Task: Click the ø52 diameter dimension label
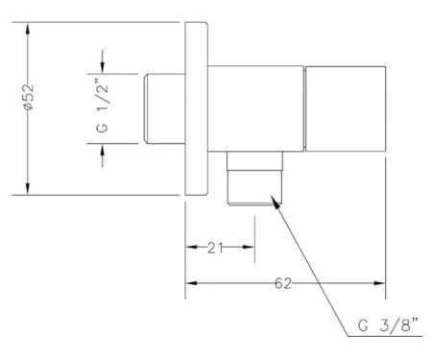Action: (28, 97)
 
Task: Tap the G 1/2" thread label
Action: (103, 108)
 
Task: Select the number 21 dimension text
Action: (215, 248)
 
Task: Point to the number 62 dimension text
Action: (283, 283)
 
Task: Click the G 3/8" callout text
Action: (388, 324)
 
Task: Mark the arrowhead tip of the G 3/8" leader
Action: (272, 196)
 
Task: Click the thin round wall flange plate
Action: (196, 108)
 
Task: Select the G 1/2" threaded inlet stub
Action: (164, 108)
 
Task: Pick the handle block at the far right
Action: (346, 108)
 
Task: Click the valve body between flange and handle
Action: (255, 108)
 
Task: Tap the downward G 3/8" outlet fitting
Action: (254, 178)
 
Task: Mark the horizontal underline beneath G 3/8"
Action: (385, 336)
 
